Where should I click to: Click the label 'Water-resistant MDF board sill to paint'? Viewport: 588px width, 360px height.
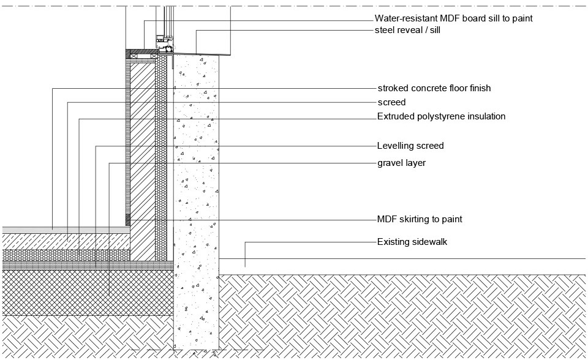[x=453, y=18]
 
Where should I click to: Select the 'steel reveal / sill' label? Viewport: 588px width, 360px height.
[x=407, y=30]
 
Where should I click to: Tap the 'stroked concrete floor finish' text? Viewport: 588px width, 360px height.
[x=434, y=88]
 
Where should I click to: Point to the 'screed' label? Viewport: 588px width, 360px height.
[x=391, y=102]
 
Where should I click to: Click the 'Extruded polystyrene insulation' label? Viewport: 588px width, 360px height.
[x=441, y=116]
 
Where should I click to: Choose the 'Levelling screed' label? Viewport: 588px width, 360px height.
[x=410, y=146]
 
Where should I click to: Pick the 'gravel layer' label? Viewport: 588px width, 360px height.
[x=401, y=163]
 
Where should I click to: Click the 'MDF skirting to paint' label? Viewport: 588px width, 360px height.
[x=420, y=219]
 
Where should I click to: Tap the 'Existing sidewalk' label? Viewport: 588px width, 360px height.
[x=412, y=242]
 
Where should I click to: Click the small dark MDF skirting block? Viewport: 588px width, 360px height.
[x=127, y=220]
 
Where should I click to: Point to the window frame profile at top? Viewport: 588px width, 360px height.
[x=165, y=42]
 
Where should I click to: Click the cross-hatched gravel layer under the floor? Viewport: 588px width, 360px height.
[x=88, y=293]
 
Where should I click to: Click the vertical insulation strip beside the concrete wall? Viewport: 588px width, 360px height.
[x=161, y=158]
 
